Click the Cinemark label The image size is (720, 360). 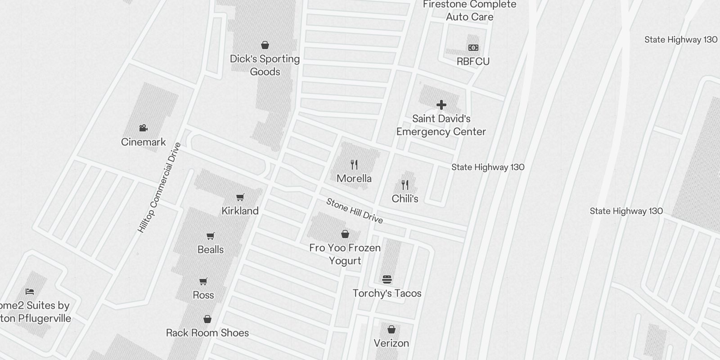(x=144, y=142)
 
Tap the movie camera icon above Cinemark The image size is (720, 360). (x=144, y=128)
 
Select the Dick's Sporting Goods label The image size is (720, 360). (x=265, y=65)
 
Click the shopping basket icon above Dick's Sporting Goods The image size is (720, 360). (x=265, y=45)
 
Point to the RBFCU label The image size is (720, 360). (x=473, y=62)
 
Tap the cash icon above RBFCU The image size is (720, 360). (x=473, y=48)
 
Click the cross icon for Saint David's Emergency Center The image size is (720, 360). (x=441, y=105)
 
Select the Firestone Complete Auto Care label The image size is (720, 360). (x=469, y=11)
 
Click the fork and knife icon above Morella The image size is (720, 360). (x=354, y=165)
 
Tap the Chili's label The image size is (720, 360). (x=405, y=199)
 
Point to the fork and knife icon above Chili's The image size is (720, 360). (x=405, y=185)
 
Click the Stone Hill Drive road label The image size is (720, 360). (x=355, y=211)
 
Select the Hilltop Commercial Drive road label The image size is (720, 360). (x=160, y=188)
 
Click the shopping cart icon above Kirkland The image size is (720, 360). (x=240, y=197)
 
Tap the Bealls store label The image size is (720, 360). (x=211, y=250)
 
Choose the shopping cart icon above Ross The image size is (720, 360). (x=203, y=282)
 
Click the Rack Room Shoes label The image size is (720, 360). (x=207, y=333)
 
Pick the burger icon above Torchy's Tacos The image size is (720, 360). (x=387, y=279)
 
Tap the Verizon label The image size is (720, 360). (x=391, y=343)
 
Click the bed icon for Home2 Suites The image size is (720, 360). (x=30, y=292)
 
